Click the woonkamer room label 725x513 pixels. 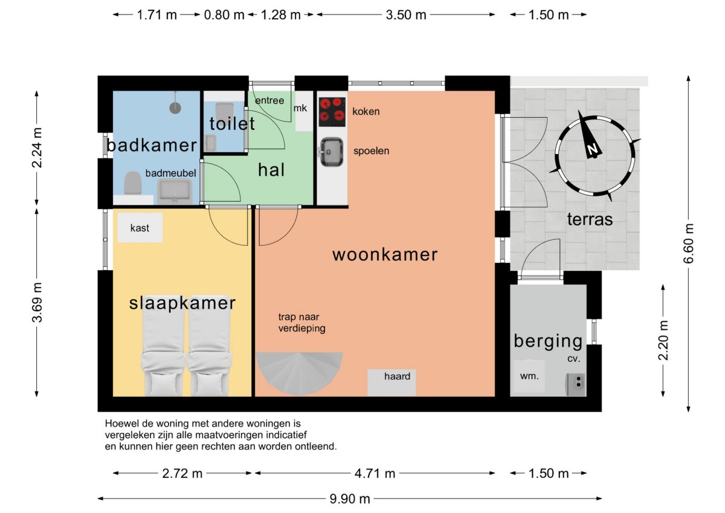point(385,254)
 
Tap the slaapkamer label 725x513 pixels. point(182,303)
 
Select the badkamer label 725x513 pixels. point(152,146)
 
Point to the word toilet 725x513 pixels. point(232,123)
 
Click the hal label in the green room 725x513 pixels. point(271,170)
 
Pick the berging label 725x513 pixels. point(549,342)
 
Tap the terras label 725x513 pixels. point(590,219)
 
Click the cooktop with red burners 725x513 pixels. point(332,112)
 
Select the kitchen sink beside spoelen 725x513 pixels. point(332,152)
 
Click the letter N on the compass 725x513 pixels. point(593,149)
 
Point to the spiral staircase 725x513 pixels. point(300,374)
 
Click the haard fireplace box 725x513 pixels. point(391,382)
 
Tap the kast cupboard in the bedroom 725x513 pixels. point(140,228)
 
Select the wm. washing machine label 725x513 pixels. point(529,376)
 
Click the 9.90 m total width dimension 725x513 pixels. point(350,498)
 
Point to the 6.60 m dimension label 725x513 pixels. point(688,244)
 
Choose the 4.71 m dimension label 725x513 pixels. point(375,474)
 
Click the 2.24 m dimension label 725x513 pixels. point(37,148)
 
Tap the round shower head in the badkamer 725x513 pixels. point(175,108)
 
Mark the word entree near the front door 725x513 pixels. point(269,101)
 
